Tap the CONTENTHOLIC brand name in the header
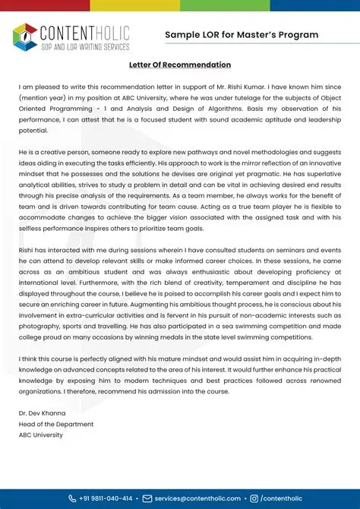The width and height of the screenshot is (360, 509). pos(84,32)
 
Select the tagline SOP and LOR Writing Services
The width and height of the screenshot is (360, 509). pos(84,46)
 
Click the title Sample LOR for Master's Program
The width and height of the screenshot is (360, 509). pos(242,35)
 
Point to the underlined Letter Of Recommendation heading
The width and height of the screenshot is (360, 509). pos(180,66)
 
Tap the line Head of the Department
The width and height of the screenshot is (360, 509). pos(56,424)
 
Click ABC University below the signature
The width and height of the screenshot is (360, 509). pos(41,435)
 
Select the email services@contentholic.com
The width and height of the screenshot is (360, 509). pos(197,498)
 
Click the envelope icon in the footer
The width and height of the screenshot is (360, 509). pos(147,498)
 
